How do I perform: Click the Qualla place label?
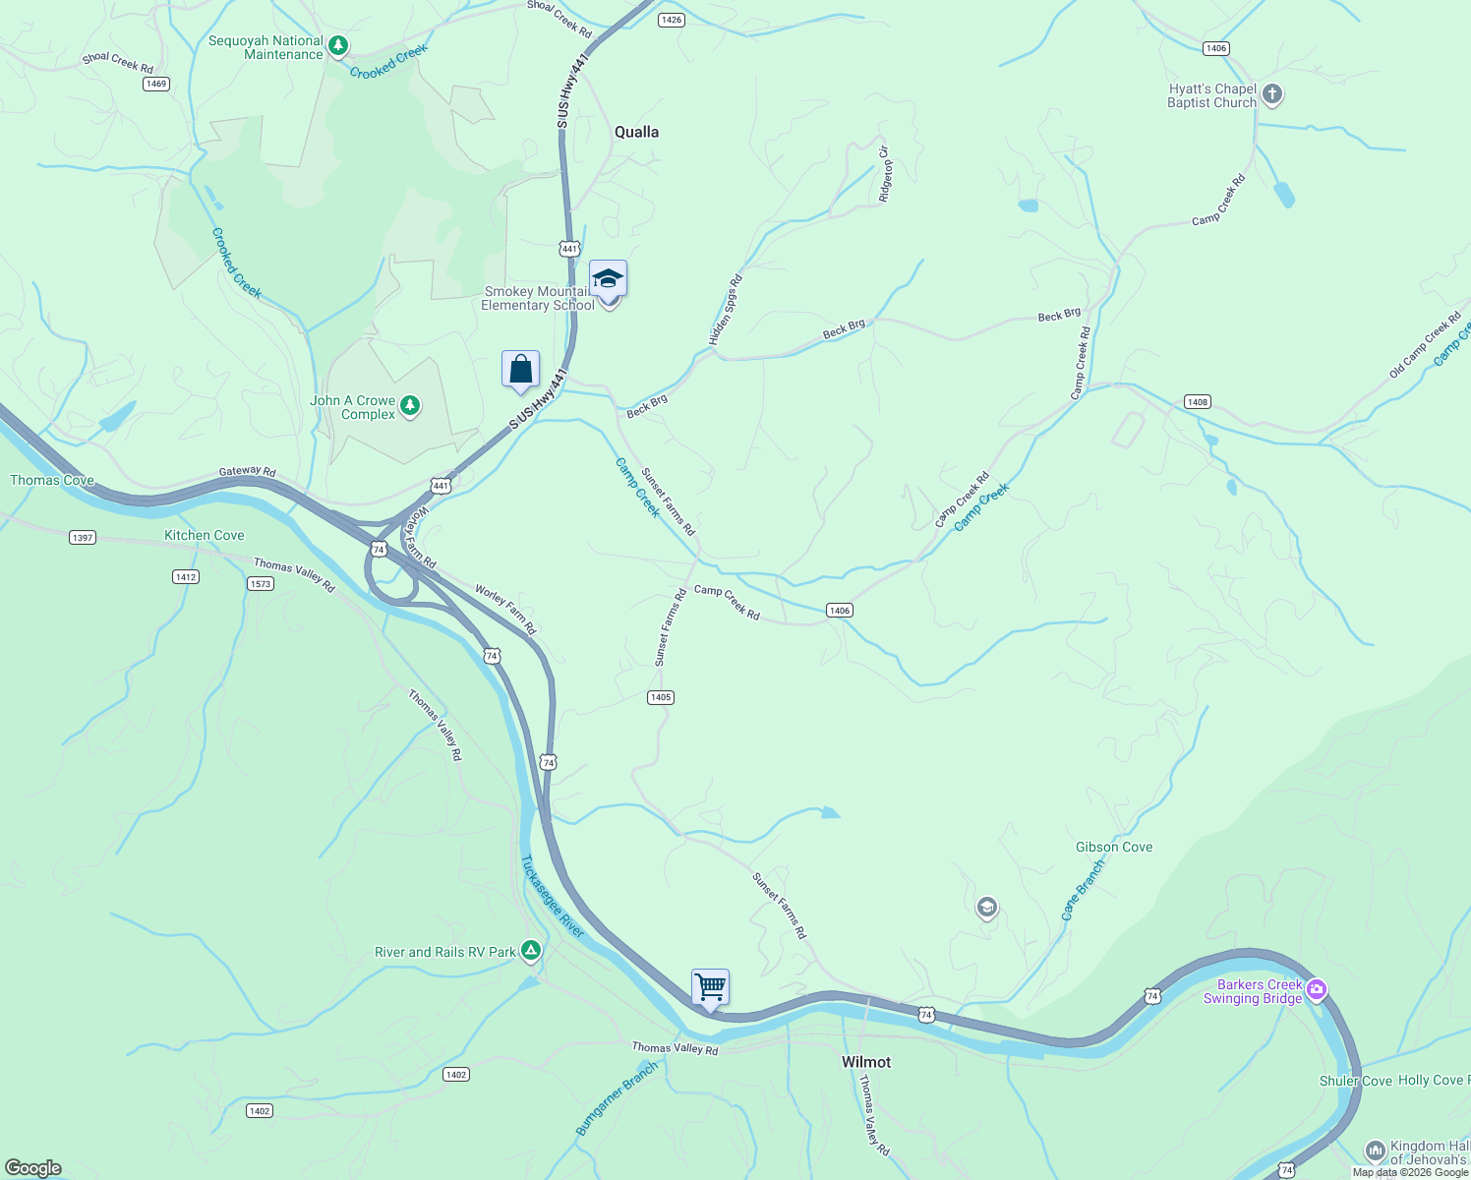pos(636,132)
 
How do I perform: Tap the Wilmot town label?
pos(866,1062)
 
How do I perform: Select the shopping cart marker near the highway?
pos(710,986)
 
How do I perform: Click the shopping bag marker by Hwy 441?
pos(520,370)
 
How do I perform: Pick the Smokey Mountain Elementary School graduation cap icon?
pos(608,279)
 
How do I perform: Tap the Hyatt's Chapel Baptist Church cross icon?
pos(1272,95)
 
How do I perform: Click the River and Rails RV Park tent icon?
pos(531,951)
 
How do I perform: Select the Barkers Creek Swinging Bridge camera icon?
pos(1317,990)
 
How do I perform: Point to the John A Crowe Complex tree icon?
pos(410,405)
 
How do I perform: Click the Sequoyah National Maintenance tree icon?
pos(338,45)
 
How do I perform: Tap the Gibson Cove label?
pos(1113,847)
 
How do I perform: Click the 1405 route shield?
pos(661,697)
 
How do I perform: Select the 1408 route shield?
pos(1197,401)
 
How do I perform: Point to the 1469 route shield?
pos(156,84)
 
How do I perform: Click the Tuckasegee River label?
pos(552,897)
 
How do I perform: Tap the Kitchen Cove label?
pos(204,535)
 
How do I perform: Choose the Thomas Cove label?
pos(52,480)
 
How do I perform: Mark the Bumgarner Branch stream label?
pos(616,1099)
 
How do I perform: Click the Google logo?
pos(33,1168)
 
